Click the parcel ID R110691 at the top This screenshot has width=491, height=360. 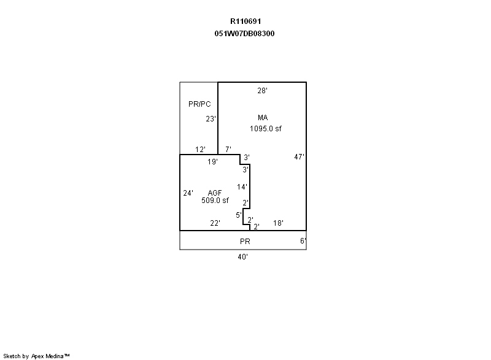tap(241, 21)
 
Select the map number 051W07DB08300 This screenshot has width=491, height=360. tap(241, 34)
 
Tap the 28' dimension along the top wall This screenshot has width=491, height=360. tap(262, 91)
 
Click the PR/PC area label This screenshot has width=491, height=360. tap(199, 104)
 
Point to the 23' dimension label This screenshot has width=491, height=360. tap(211, 119)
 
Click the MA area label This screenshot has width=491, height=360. tap(263, 118)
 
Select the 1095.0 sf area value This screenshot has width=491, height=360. tap(265, 129)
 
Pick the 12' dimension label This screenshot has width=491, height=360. tap(200, 150)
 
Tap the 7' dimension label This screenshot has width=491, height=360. tap(228, 150)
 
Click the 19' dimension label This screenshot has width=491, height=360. tap(212, 162)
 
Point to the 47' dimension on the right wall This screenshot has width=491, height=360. tap(299, 157)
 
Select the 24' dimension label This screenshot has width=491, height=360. tap(188, 193)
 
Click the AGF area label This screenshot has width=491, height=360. tap(215, 193)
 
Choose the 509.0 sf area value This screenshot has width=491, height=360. tap(215, 201)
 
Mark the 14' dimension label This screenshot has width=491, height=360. tap(242, 186)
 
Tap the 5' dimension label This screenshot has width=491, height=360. tap(239, 215)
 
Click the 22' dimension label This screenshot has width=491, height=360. tap(215, 223)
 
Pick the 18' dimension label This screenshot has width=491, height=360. tap(278, 223)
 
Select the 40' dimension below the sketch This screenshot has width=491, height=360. tap(243, 257)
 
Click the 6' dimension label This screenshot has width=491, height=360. tap(303, 241)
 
